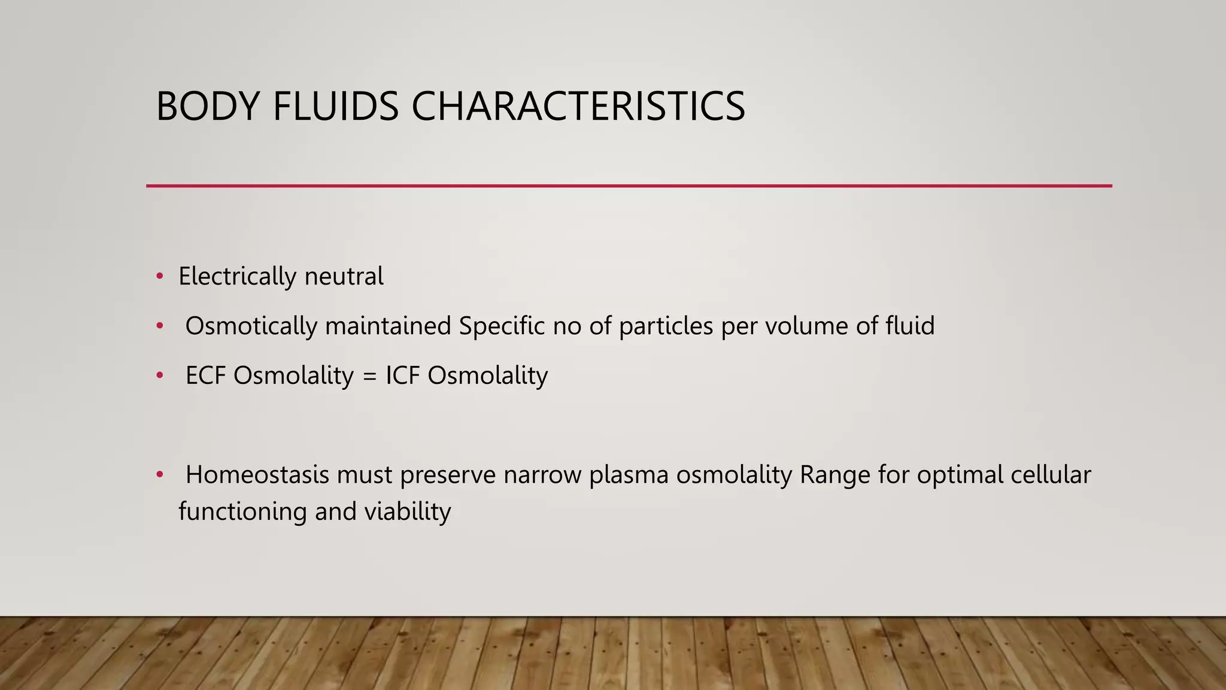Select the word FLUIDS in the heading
(335, 107)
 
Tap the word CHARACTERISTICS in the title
(578, 107)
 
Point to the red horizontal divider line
(629, 186)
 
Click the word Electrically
(237, 277)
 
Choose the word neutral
(344, 277)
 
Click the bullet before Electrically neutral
(159, 277)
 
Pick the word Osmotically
(251, 326)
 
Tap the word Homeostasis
(257, 475)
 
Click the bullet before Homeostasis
(159, 475)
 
